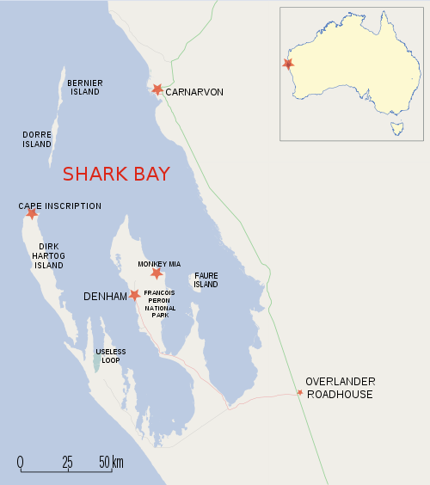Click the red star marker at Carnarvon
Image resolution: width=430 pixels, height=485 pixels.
coord(157,89)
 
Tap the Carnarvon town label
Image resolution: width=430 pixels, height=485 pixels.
coord(194,91)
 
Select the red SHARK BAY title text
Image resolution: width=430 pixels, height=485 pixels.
coord(115,174)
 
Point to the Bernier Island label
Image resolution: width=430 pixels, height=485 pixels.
coord(85,87)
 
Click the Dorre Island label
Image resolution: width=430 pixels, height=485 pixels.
coord(37,139)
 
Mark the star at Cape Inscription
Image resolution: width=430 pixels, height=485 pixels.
coord(32,213)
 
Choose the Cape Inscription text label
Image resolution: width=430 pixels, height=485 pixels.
coord(60,206)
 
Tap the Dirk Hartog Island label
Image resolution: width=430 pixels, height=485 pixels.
coord(48,255)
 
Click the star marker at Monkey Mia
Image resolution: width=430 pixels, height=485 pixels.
coord(156,273)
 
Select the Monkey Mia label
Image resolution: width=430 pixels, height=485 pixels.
coord(158,264)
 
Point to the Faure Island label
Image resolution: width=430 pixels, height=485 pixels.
coord(206,279)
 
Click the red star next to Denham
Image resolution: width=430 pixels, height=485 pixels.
coord(134,295)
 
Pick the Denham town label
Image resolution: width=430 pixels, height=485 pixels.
coord(105,296)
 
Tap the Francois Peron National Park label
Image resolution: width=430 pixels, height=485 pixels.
coord(161,304)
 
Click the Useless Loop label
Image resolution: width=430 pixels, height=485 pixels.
coord(111,356)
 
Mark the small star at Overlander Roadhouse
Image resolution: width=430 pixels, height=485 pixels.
coord(299,392)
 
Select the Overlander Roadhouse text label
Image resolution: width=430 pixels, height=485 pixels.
coord(339,388)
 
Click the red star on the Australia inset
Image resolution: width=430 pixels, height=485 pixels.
coord(288,64)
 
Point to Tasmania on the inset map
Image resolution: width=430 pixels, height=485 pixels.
coord(396,129)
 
